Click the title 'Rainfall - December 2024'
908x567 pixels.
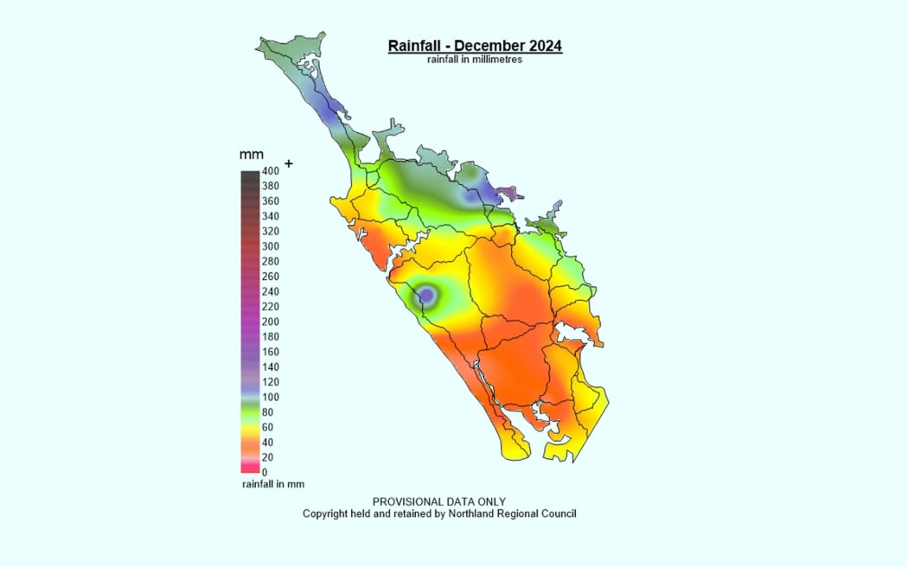click(x=475, y=46)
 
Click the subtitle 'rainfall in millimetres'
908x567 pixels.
click(x=474, y=61)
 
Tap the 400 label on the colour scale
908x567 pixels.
click(x=270, y=171)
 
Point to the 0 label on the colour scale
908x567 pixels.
click(x=265, y=473)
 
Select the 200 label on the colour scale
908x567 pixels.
click(x=270, y=322)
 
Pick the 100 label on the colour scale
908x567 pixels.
click(x=270, y=398)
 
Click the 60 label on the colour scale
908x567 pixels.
click(x=267, y=427)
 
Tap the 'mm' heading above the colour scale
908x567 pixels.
click(x=251, y=155)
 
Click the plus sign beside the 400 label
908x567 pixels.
click(x=289, y=163)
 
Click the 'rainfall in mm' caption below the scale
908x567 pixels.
click(x=272, y=484)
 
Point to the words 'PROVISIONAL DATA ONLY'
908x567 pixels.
click(x=438, y=501)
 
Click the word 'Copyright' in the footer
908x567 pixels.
click(x=324, y=513)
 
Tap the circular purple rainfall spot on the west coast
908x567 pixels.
click(x=426, y=296)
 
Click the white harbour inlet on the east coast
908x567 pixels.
click(x=570, y=332)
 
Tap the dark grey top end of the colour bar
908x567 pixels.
click(x=250, y=175)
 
